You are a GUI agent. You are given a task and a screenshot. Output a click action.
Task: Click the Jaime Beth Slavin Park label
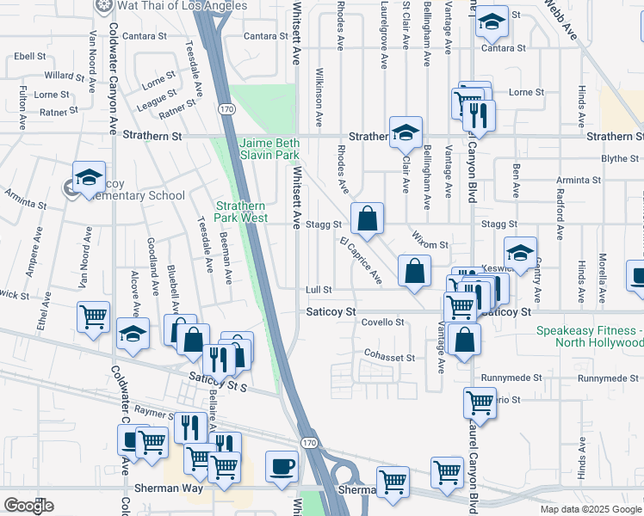click(269, 148)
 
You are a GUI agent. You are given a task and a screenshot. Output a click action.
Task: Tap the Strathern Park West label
click(242, 212)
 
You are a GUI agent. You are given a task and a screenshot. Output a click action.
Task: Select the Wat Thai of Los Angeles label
click(170, 6)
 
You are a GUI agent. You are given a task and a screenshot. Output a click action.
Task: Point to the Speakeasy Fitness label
click(589, 336)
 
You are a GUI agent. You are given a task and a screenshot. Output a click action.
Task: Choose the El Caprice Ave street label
click(361, 260)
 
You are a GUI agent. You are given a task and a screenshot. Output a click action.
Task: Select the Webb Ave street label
click(560, 19)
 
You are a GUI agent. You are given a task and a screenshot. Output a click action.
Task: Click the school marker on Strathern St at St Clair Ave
click(406, 132)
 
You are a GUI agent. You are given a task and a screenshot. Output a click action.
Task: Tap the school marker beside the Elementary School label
click(88, 179)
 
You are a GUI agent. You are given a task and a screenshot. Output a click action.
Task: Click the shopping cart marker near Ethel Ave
click(93, 316)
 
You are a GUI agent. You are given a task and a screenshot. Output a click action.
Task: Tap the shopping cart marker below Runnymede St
click(480, 402)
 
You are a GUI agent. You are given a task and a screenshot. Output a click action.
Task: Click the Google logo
click(28, 506)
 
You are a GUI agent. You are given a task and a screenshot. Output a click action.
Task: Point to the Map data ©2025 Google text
click(591, 509)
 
